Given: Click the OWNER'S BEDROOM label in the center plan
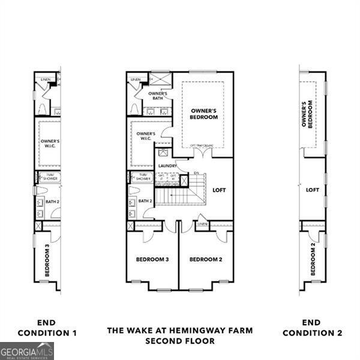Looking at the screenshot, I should click(204, 114).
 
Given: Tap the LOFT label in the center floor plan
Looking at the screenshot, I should click(219, 190).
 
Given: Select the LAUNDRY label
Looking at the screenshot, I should click(167, 166).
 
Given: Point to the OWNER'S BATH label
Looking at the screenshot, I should click(158, 95).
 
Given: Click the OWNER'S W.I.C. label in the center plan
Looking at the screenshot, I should click(146, 136).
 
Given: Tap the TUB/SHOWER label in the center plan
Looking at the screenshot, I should click(143, 177).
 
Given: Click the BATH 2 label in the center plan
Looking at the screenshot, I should click(146, 201).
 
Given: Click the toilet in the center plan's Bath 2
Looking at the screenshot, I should click(134, 190).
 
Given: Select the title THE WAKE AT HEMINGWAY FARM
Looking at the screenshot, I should click(180, 330).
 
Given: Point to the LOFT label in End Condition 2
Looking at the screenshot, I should click(313, 190).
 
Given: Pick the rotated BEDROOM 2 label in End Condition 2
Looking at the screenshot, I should click(313, 260).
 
